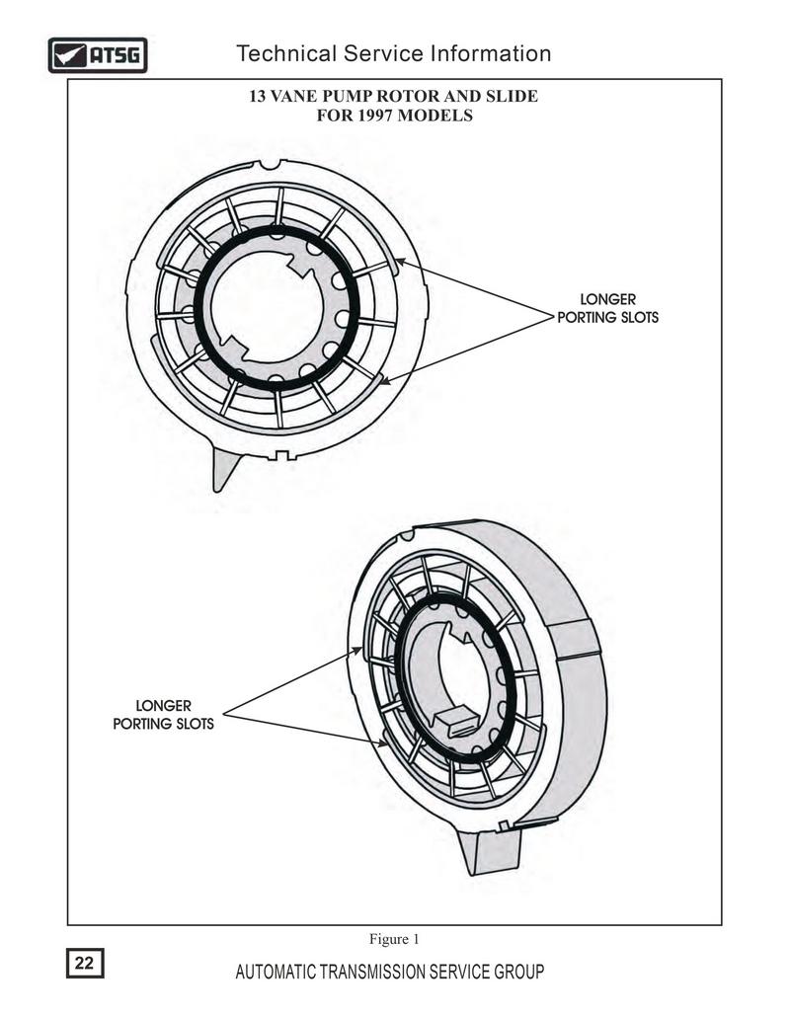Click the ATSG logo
[98, 55]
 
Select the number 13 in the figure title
[258, 96]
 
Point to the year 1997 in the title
[375, 116]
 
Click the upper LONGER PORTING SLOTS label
[608, 308]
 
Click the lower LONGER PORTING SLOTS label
[163, 715]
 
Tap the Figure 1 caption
[394, 939]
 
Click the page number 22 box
[85, 963]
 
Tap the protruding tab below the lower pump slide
[489, 851]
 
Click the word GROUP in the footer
[518, 972]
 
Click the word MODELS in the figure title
[434, 116]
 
